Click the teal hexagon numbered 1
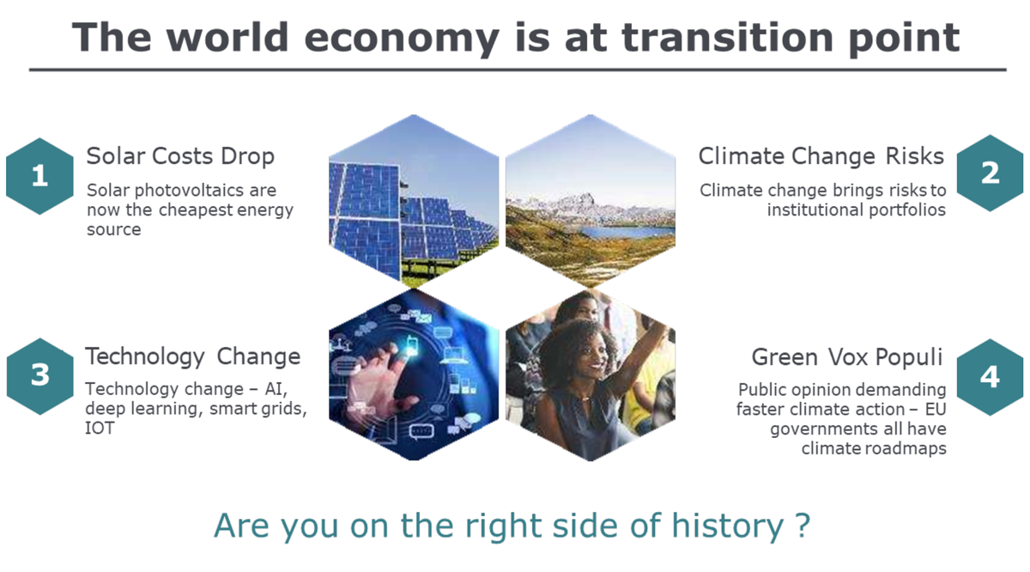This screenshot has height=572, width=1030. pos(40,176)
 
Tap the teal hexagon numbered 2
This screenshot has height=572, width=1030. pos(990,173)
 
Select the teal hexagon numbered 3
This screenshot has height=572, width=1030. pos(40,376)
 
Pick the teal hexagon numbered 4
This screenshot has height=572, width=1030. pos(990,377)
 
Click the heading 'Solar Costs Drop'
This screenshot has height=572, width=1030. pos(180,156)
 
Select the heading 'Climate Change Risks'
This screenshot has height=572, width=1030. pos(821,156)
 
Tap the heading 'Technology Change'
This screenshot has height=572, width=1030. pos(192,357)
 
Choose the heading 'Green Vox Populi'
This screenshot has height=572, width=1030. pos(847,357)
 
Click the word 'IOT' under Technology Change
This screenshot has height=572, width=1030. pos(100,429)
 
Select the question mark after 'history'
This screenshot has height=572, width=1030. pos(803,526)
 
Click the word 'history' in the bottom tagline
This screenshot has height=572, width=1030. pos(728,526)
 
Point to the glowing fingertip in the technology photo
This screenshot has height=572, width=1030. pos(409,350)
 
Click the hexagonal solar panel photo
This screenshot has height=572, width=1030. pos(414,201)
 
